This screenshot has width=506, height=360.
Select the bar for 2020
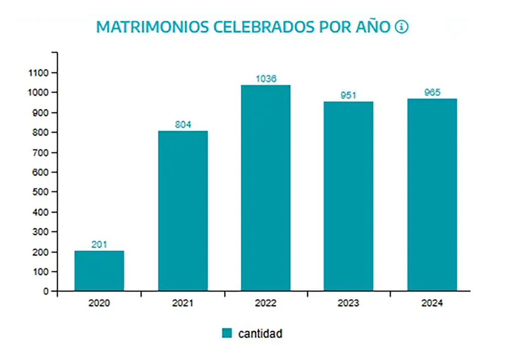(99, 271)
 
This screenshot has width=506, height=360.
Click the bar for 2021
(183, 211)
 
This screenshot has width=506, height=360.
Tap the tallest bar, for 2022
(266, 188)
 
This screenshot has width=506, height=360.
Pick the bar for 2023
(349, 196)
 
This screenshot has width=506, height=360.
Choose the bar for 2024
(432, 195)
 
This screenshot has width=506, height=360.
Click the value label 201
(99, 245)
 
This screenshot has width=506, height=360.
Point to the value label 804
(183, 125)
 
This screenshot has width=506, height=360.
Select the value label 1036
(266, 78)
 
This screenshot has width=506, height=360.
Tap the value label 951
(349, 95)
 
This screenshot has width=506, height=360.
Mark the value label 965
(432, 92)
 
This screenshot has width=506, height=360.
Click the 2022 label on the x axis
(266, 304)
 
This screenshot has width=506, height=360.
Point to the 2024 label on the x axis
(432, 304)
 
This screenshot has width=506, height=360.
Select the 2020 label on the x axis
(99, 304)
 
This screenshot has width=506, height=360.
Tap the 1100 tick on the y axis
(39, 73)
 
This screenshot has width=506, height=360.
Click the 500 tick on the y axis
(41, 192)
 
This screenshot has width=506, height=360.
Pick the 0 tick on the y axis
(46, 292)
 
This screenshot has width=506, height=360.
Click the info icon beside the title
(401, 27)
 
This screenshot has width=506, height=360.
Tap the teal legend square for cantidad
(227, 333)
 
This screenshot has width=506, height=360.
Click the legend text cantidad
(260, 333)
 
